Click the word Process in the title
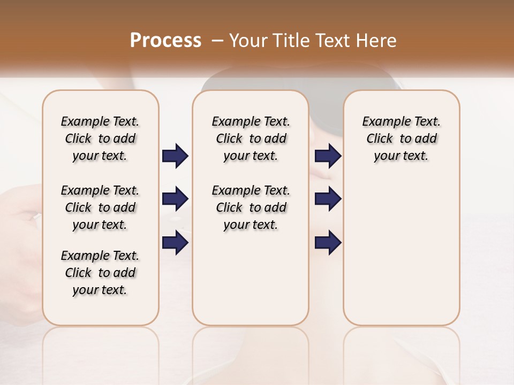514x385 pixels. pos(165,41)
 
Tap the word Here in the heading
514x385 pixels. pos(377,41)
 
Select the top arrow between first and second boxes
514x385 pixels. pos(175,156)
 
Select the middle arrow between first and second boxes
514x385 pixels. pos(175,199)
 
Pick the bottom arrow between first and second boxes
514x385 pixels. pos(175,243)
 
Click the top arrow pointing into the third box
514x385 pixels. pos(328,156)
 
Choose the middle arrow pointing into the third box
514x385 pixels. pos(328,199)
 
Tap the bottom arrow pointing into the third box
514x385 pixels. pos(328,243)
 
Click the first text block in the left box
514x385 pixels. pos(100,138)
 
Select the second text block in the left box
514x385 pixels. pos(100,207)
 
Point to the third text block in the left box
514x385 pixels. pos(100,273)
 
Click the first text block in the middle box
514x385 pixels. pos(251,138)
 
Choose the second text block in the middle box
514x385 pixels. pos(251,207)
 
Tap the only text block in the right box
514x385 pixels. pos(401,138)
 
